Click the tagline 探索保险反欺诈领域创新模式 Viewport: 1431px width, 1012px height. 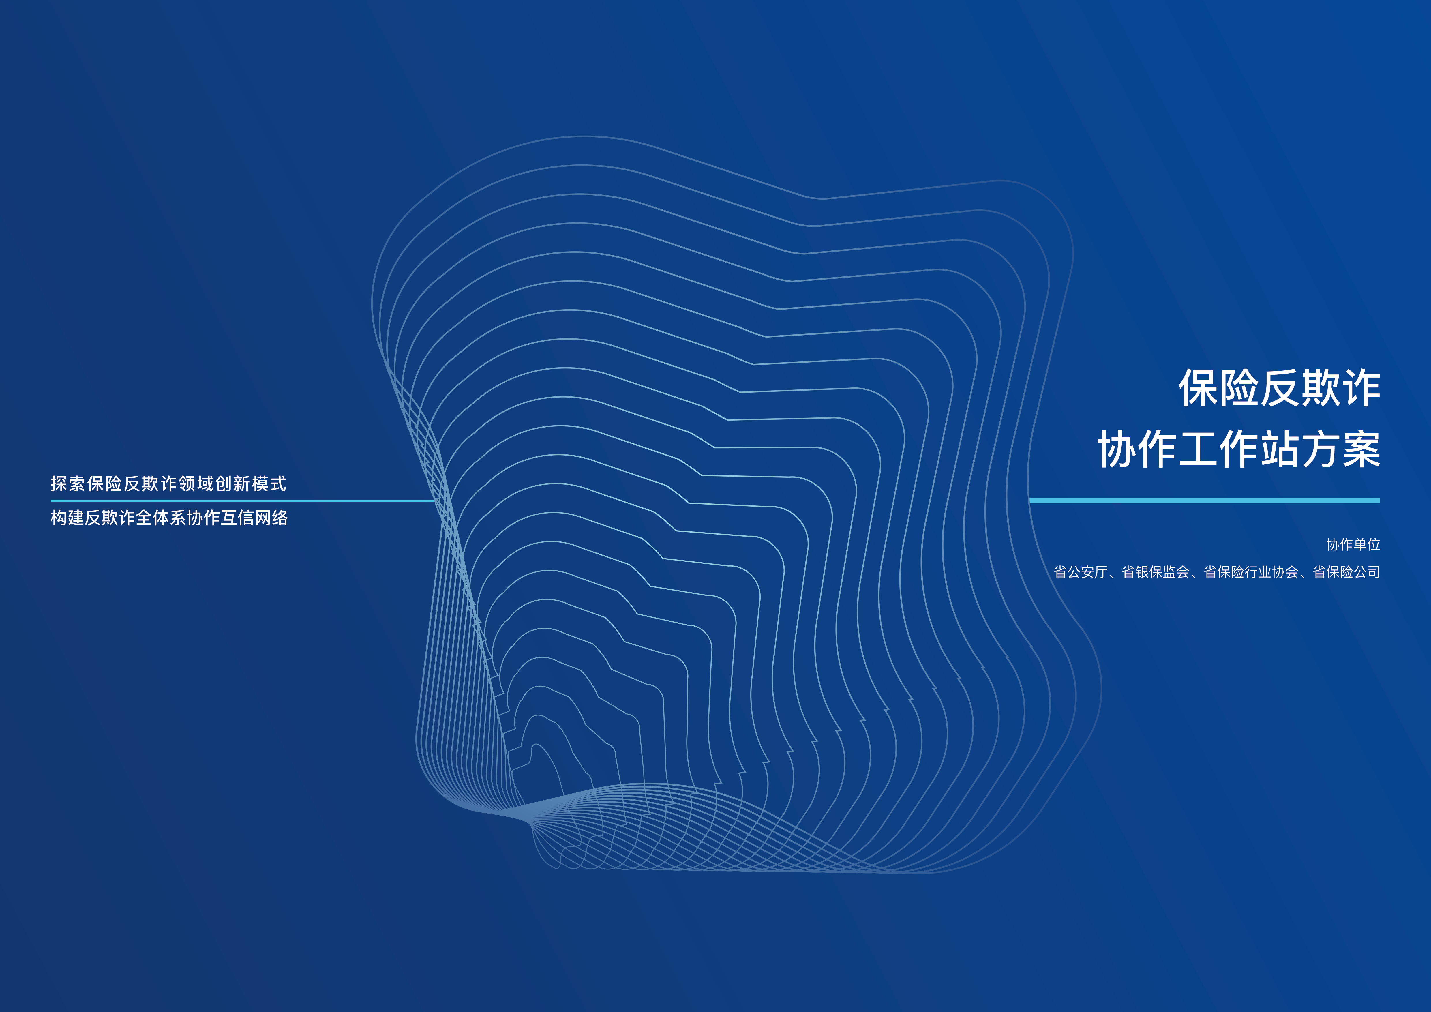(168, 483)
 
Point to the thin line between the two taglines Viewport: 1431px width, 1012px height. (243, 501)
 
